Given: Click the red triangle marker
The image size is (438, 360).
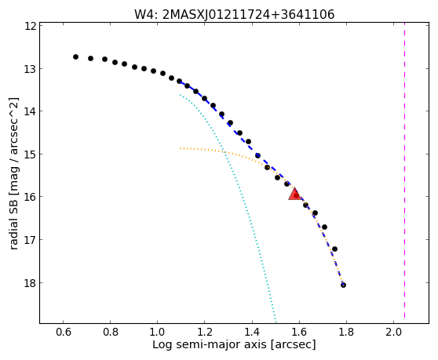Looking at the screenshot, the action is click(294, 194).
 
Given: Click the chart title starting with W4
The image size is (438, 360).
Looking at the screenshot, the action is click(235, 14).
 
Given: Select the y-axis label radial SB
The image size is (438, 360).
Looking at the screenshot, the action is click(13, 173).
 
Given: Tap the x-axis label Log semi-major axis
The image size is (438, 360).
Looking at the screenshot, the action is click(234, 344).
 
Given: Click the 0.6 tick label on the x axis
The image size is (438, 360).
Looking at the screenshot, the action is click(63, 332).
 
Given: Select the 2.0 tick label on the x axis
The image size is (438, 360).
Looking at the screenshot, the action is click(393, 332).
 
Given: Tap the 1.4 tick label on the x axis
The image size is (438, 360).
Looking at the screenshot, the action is click(252, 332).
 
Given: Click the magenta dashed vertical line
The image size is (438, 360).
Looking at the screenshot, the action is click(404, 173).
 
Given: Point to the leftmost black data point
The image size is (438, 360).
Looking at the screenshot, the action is click(75, 57).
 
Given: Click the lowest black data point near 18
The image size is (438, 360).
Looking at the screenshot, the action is click(343, 285).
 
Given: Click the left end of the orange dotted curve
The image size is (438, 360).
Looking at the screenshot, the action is click(181, 148).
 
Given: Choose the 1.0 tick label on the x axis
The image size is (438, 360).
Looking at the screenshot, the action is click(158, 332).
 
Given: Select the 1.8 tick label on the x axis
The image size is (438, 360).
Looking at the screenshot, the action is click(346, 332).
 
